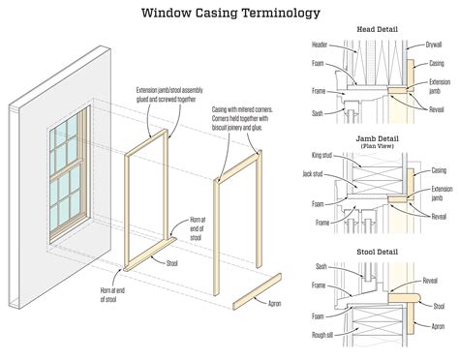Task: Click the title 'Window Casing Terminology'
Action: (229, 13)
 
